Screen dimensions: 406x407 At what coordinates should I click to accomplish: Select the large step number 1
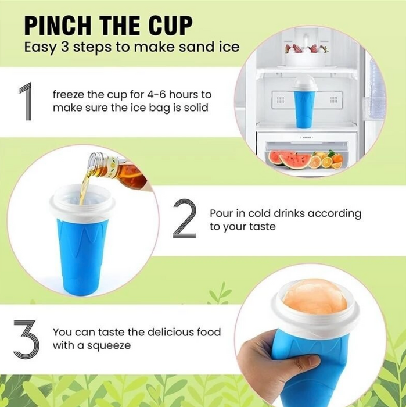click(26, 101)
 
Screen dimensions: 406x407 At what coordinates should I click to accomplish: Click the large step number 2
click(184, 218)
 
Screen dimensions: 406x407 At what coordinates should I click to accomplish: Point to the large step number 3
click(26, 339)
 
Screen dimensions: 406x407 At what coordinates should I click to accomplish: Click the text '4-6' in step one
click(156, 94)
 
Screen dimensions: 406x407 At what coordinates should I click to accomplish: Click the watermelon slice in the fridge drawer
click(289, 159)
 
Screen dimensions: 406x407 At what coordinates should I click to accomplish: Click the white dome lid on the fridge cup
click(304, 85)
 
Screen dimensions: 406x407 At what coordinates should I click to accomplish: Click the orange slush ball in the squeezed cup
click(315, 295)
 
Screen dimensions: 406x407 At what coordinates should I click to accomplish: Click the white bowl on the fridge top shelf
click(305, 59)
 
